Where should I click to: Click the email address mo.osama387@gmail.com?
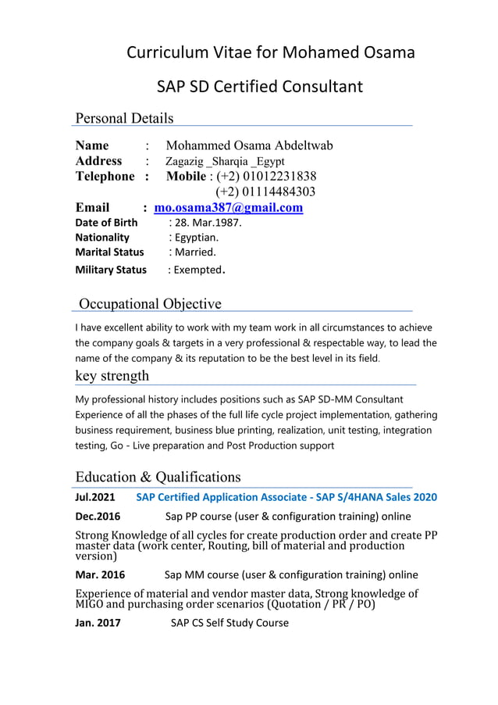point(229,208)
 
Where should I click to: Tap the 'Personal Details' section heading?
point(124,118)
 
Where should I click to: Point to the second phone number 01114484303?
point(266,191)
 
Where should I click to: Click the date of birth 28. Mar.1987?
point(205,223)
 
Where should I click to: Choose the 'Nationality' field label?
point(102,238)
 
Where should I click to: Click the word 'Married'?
point(195,252)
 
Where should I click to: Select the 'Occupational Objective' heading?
point(151,304)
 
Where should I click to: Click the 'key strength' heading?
point(112,376)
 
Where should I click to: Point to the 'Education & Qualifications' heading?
point(158,477)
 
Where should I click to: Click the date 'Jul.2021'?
point(95,497)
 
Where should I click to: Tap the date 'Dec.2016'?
point(98,517)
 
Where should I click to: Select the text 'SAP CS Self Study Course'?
point(229,623)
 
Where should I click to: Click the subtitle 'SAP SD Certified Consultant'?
point(260,86)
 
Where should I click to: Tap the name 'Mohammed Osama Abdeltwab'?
point(249,145)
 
